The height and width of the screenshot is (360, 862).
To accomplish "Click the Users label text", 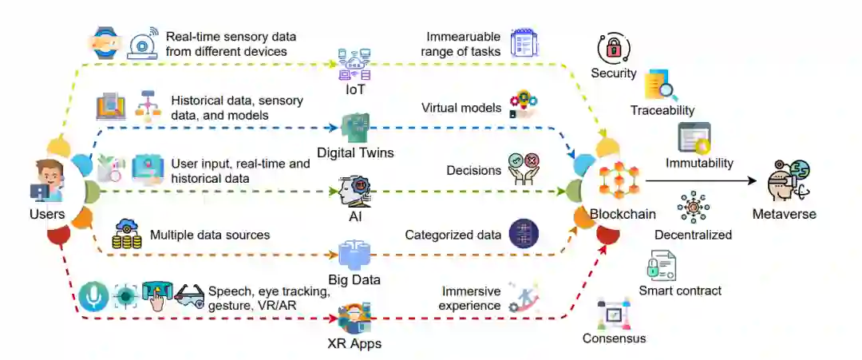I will pos(46,214).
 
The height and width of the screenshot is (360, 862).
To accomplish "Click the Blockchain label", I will pos(623,214).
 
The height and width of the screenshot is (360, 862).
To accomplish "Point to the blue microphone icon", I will pos(93,296).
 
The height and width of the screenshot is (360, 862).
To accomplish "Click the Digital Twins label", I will pos(355,152).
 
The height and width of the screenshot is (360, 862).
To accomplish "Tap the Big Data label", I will pos(354,279).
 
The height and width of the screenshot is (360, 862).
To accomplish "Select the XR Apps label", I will pos(354,344).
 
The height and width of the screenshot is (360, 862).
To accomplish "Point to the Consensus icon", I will pos(612,315).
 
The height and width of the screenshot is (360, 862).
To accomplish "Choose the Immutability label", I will pos(699,163).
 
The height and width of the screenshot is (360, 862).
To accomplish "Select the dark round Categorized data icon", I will pos(524,235).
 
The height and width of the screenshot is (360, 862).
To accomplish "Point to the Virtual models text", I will pos(461,108).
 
